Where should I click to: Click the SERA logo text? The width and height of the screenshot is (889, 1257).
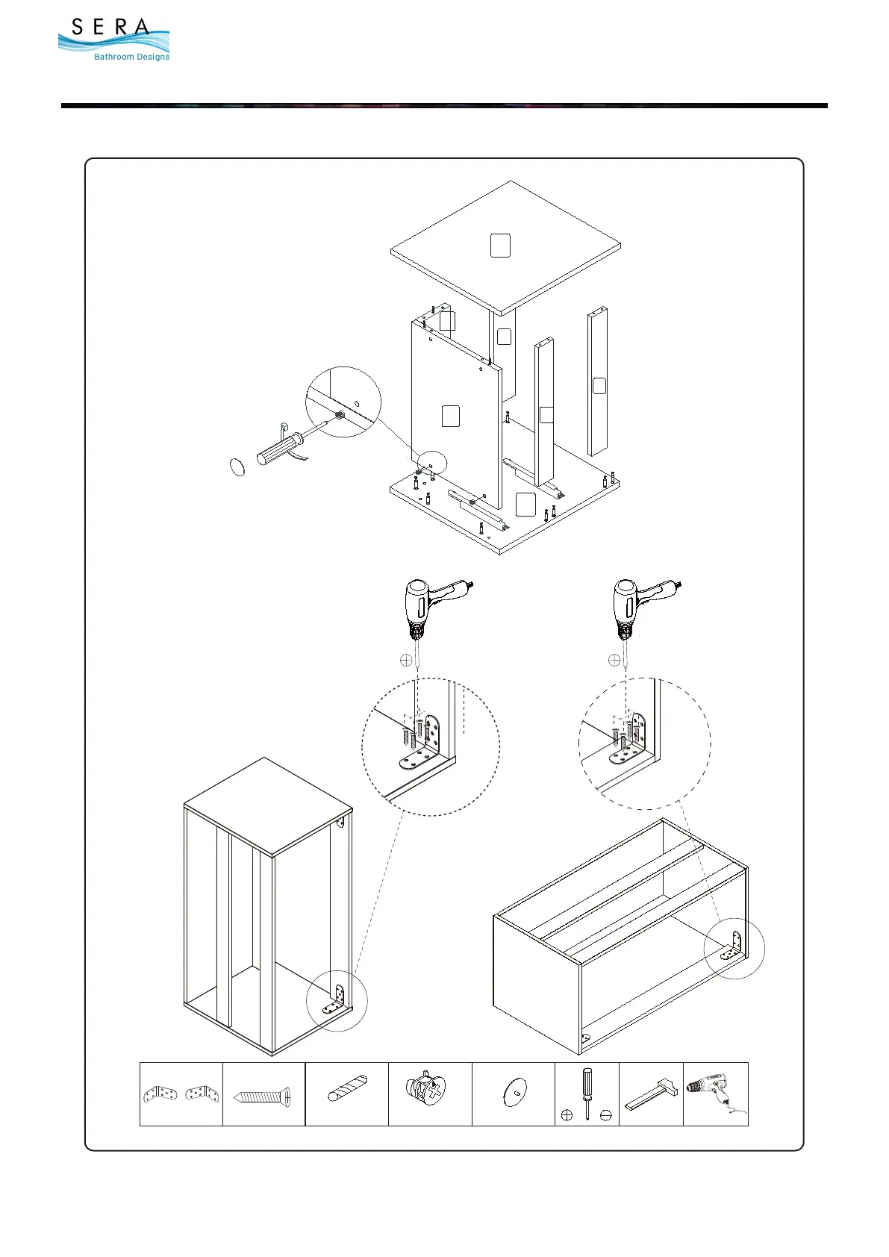pos(110,28)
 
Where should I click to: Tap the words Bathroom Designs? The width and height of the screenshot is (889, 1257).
pos(131,57)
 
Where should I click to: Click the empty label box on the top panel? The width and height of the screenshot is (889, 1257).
pos(500,246)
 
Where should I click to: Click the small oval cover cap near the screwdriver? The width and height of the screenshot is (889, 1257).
pos(237,467)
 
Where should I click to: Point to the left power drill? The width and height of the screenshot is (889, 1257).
pos(429,606)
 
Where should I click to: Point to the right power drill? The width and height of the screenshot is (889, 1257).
pos(637,606)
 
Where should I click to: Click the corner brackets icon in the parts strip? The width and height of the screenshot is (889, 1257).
pos(181,1094)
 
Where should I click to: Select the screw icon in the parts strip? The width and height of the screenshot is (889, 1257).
pos(263,1097)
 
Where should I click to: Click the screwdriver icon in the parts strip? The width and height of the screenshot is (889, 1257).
pos(587,1094)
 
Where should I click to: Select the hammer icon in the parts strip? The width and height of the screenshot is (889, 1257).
pos(651,1094)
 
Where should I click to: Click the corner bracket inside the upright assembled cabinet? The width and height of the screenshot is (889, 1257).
pos(335,999)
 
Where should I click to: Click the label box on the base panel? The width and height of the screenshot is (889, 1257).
pos(525,505)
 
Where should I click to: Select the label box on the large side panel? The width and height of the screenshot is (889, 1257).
pos(451,417)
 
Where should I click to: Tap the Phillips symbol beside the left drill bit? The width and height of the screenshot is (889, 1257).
pos(406,660)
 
